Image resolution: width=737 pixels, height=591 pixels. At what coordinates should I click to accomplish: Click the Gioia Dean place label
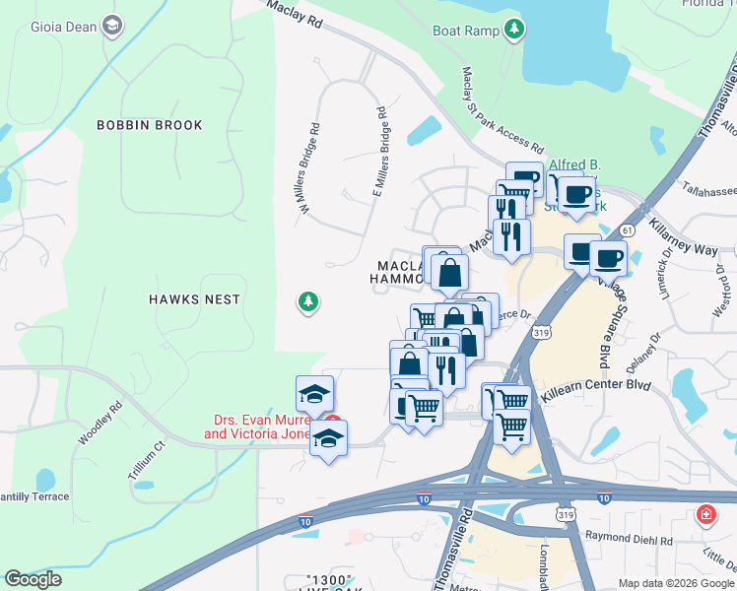tap(61, 27)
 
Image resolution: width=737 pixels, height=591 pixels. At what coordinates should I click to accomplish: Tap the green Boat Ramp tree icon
tap(512, 31)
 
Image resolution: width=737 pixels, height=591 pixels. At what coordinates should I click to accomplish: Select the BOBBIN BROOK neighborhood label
tap(150, 125)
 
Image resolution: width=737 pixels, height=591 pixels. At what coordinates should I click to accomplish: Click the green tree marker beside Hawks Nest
tap(308, 302)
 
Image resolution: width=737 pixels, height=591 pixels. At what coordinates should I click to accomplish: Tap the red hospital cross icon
tap(706, 514)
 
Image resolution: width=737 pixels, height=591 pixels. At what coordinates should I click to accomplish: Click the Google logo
tap(33, 579)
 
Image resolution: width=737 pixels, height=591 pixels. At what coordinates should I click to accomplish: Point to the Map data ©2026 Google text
tap(675, 583)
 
